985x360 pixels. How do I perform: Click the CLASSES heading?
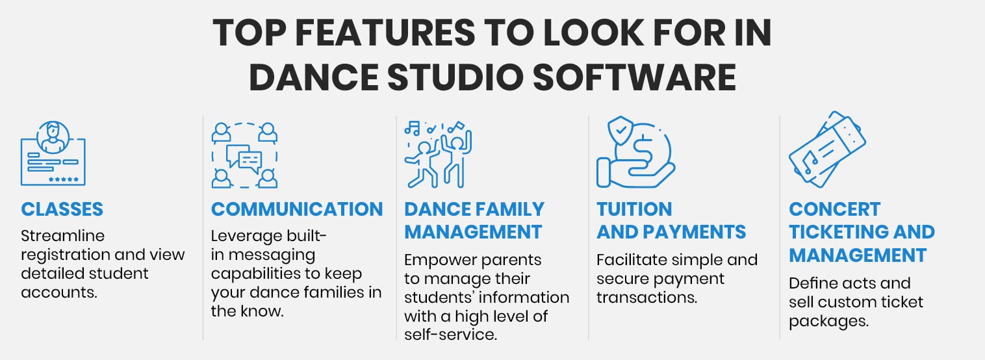coord(62,209)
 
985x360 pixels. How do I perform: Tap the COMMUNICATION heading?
coord(297,209)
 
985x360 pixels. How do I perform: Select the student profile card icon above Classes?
coord(53,153)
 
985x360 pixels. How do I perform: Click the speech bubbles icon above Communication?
coord(244,155)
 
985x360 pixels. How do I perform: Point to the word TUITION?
coord(625,209)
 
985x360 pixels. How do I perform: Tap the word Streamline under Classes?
coord(62,235)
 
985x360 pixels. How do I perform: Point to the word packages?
coord(828,321)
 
